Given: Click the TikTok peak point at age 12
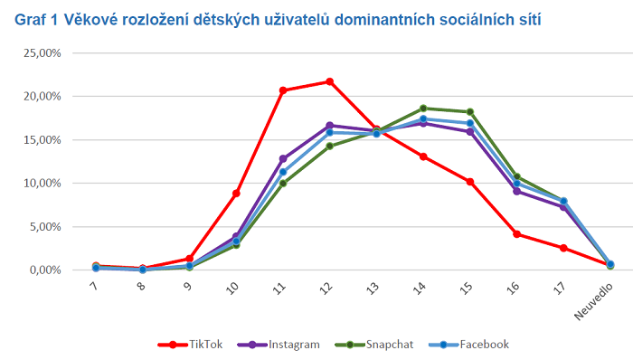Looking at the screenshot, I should [329, 81].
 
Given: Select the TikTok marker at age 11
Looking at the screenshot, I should [283, 90].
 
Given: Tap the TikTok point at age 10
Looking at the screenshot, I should [236, 194].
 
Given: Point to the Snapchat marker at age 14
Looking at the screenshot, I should [423, 108].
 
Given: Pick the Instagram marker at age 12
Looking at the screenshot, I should [329, 126].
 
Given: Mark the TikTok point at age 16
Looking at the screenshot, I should [516, 234].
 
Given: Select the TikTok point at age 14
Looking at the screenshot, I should [423, 156].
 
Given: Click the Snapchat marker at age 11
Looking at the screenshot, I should [283, 184].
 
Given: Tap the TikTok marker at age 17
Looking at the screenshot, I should [563, 248].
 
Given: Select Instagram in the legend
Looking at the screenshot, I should [279, 345].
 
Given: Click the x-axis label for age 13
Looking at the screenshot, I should [373, 289].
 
